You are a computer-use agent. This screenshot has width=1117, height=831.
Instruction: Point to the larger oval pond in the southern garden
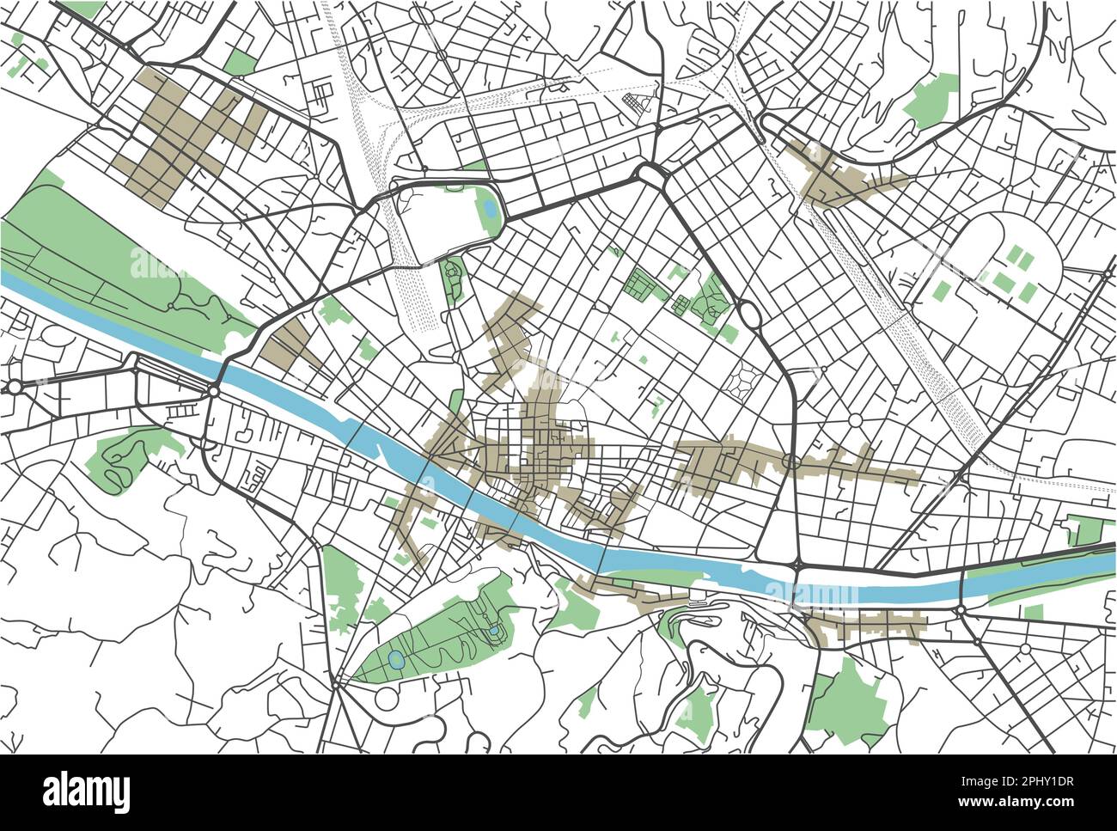(395, 661)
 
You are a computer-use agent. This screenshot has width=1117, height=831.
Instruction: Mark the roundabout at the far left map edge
(13, 388)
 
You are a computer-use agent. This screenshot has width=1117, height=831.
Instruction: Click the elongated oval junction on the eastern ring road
(747, 315)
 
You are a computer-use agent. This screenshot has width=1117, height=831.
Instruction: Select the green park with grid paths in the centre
(639, 283)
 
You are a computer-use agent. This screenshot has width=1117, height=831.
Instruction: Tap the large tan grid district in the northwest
(185, 133)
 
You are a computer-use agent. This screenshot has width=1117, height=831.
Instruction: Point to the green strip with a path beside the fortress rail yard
(453, 278)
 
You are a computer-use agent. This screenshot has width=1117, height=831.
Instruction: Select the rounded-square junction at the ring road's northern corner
(650, 174)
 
